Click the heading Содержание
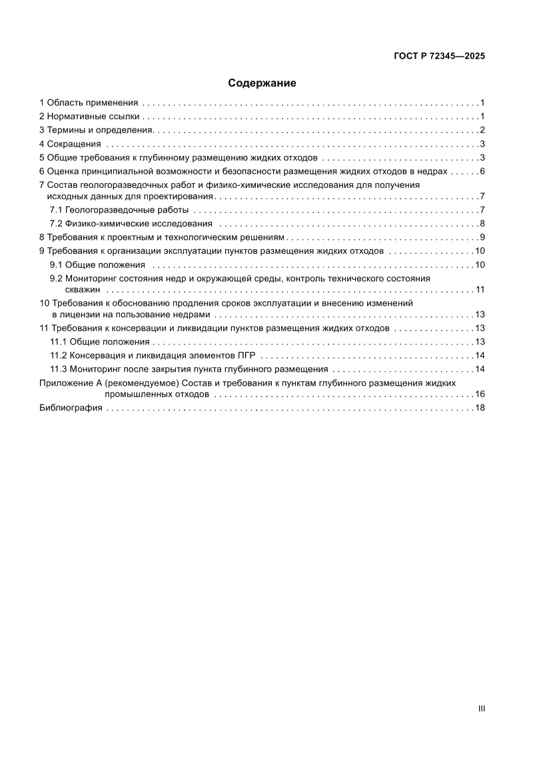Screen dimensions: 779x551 point(262,83)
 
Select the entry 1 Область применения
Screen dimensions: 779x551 point(89,103)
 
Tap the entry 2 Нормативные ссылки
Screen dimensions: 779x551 point(89,117)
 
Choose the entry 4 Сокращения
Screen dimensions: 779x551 point(70,144)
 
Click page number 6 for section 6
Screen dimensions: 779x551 point(481,171)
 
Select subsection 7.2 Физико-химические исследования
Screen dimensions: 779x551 point(131,223)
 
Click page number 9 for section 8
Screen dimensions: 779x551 point(481,237)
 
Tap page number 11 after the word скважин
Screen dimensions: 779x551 point(479,289)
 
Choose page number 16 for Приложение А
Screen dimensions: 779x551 point(479,394)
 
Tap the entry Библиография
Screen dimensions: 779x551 point(71,408)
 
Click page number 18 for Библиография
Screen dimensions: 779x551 point(479,408)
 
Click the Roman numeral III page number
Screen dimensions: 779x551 point(481,709)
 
